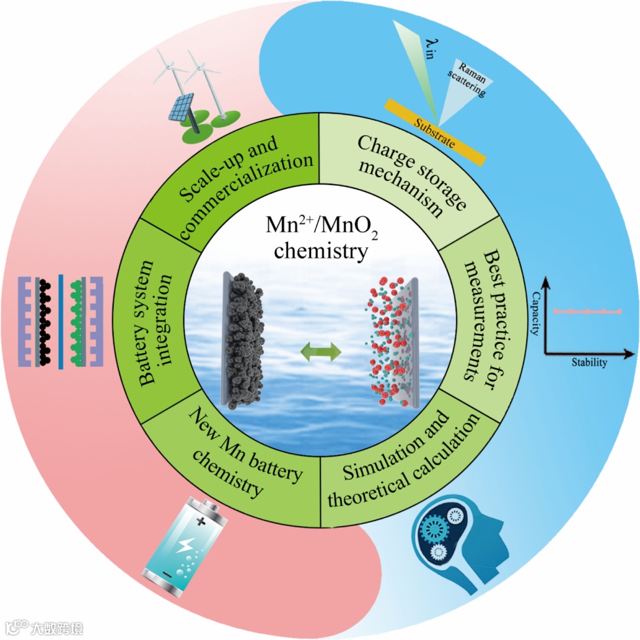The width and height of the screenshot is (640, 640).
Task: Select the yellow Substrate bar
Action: tap(436, 132)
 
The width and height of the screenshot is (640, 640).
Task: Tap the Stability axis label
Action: tap(588, 363)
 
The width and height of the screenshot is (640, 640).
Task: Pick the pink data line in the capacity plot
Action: tap(587, 311)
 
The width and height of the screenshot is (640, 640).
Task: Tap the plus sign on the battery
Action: tap(201, 521)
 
